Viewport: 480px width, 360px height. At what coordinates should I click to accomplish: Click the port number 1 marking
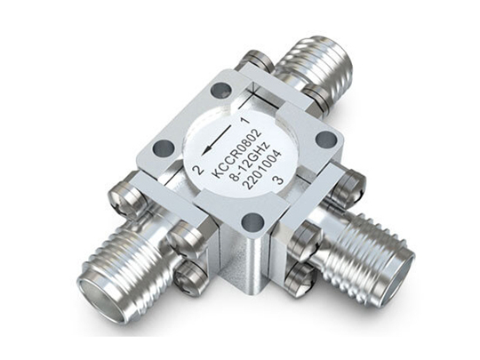245,120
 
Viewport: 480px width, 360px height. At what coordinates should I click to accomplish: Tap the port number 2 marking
197,170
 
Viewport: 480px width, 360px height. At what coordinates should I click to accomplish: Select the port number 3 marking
278,180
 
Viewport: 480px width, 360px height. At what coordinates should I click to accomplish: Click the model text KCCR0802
237,154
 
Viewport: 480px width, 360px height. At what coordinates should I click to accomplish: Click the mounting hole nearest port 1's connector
221,90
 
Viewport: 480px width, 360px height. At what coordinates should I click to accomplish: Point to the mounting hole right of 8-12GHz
326,140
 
